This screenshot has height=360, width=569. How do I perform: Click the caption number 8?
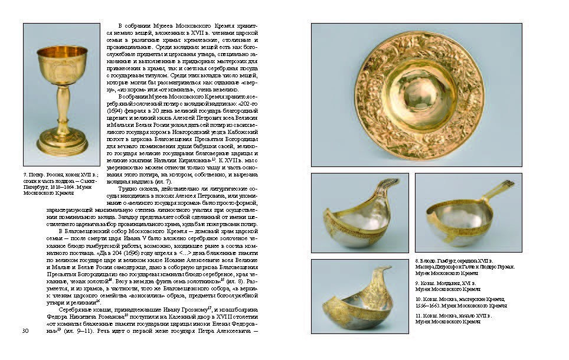417,260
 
